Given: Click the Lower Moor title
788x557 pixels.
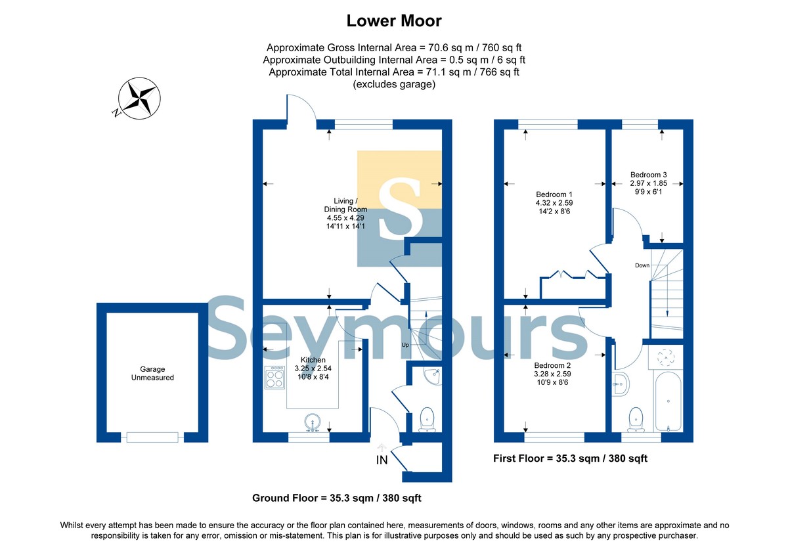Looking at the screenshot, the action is pyautogui.click(x=393, y=21).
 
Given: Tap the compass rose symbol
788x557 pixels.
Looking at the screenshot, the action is pyautogui.click(x=139, y=98).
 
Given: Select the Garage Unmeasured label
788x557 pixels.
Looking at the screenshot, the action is pyautogui.click(x=152, y=373).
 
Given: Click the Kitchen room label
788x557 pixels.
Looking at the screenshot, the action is pyautogui.click(x=313, y=368).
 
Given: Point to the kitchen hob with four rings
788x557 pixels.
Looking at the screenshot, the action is pyautogui.click(x=274, y=377).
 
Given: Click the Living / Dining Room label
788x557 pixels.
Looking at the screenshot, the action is pyautogui.click(x=345, y=213).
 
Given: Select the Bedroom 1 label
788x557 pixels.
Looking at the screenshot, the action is pyautogui.click(x=554, y=203).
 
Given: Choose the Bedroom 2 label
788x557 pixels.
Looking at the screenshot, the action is pyautogui.click(x=552, y=374).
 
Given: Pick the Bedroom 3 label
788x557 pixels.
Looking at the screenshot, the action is pyautogui.click(x=648, y=183).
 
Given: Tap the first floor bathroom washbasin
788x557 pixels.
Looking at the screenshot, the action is pyautogui.click(x=620, y=384).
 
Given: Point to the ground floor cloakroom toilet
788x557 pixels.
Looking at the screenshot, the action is pyautogui.click(x=427, y=420).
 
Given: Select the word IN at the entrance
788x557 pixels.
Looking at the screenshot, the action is pyautogui.click(x=382, y=460).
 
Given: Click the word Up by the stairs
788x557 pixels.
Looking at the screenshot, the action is pyautogui.click(x=405, y=345).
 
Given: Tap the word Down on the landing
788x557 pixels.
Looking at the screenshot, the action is pyautogui.click(x=642, y=265).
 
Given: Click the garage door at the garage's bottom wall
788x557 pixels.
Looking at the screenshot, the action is pyautogui.click(x=152, y=437).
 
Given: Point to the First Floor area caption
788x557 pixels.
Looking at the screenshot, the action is pyautogui.click(x=570, y=458).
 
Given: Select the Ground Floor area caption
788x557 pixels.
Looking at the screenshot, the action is pyautogui.click(x=337, y=498).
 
